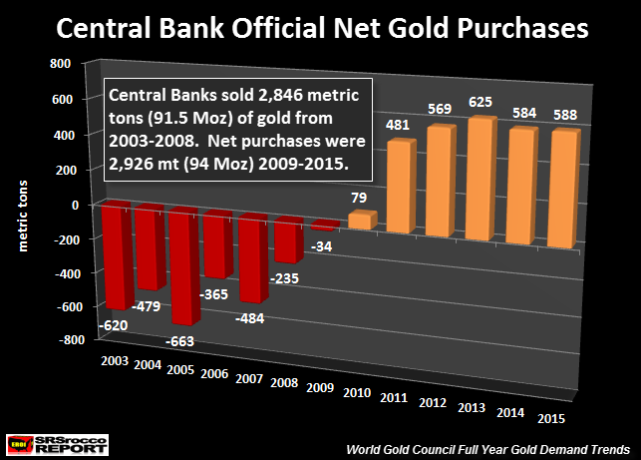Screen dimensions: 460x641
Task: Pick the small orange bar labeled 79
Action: point(361,221)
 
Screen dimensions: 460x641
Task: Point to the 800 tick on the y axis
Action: point(59,63)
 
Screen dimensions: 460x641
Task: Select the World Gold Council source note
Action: point(501,448)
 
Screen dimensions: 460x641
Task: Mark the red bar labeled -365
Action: point(219,239)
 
